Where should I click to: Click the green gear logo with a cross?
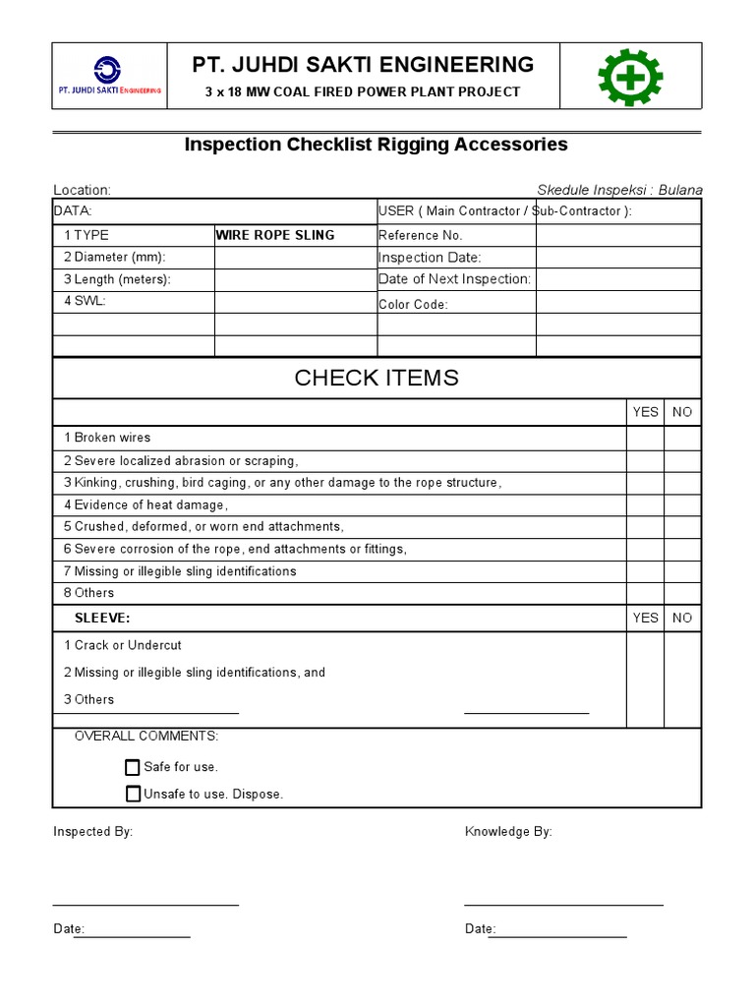click(x=630, y=78)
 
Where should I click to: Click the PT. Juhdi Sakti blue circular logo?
click(x=107, y=70)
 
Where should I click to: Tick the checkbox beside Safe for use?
click(x=133, y=767)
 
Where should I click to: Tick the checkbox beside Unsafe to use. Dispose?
click(x=133, y=794)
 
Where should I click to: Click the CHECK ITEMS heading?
click(x=377, y=379)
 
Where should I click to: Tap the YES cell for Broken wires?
click(x=645, y=438)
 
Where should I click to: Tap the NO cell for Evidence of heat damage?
click(x=682, y=504)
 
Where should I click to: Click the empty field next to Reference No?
click(x=618, y=235)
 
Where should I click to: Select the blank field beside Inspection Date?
click(x=618, y=258)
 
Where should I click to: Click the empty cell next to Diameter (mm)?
click(x=295, y=258)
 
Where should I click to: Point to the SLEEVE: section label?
click(x=102, y=618)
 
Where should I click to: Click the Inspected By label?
click(x=92, y=832)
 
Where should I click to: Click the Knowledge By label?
click(x=508, y=832)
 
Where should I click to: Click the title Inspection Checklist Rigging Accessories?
click(x=377, y=145)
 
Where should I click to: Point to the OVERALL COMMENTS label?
click(x=146, y=737)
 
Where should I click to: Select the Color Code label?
click(x=413, y=305)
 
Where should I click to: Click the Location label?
click(x=82, y=190)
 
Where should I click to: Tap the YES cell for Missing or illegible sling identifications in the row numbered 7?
click(x=645, y=571)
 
